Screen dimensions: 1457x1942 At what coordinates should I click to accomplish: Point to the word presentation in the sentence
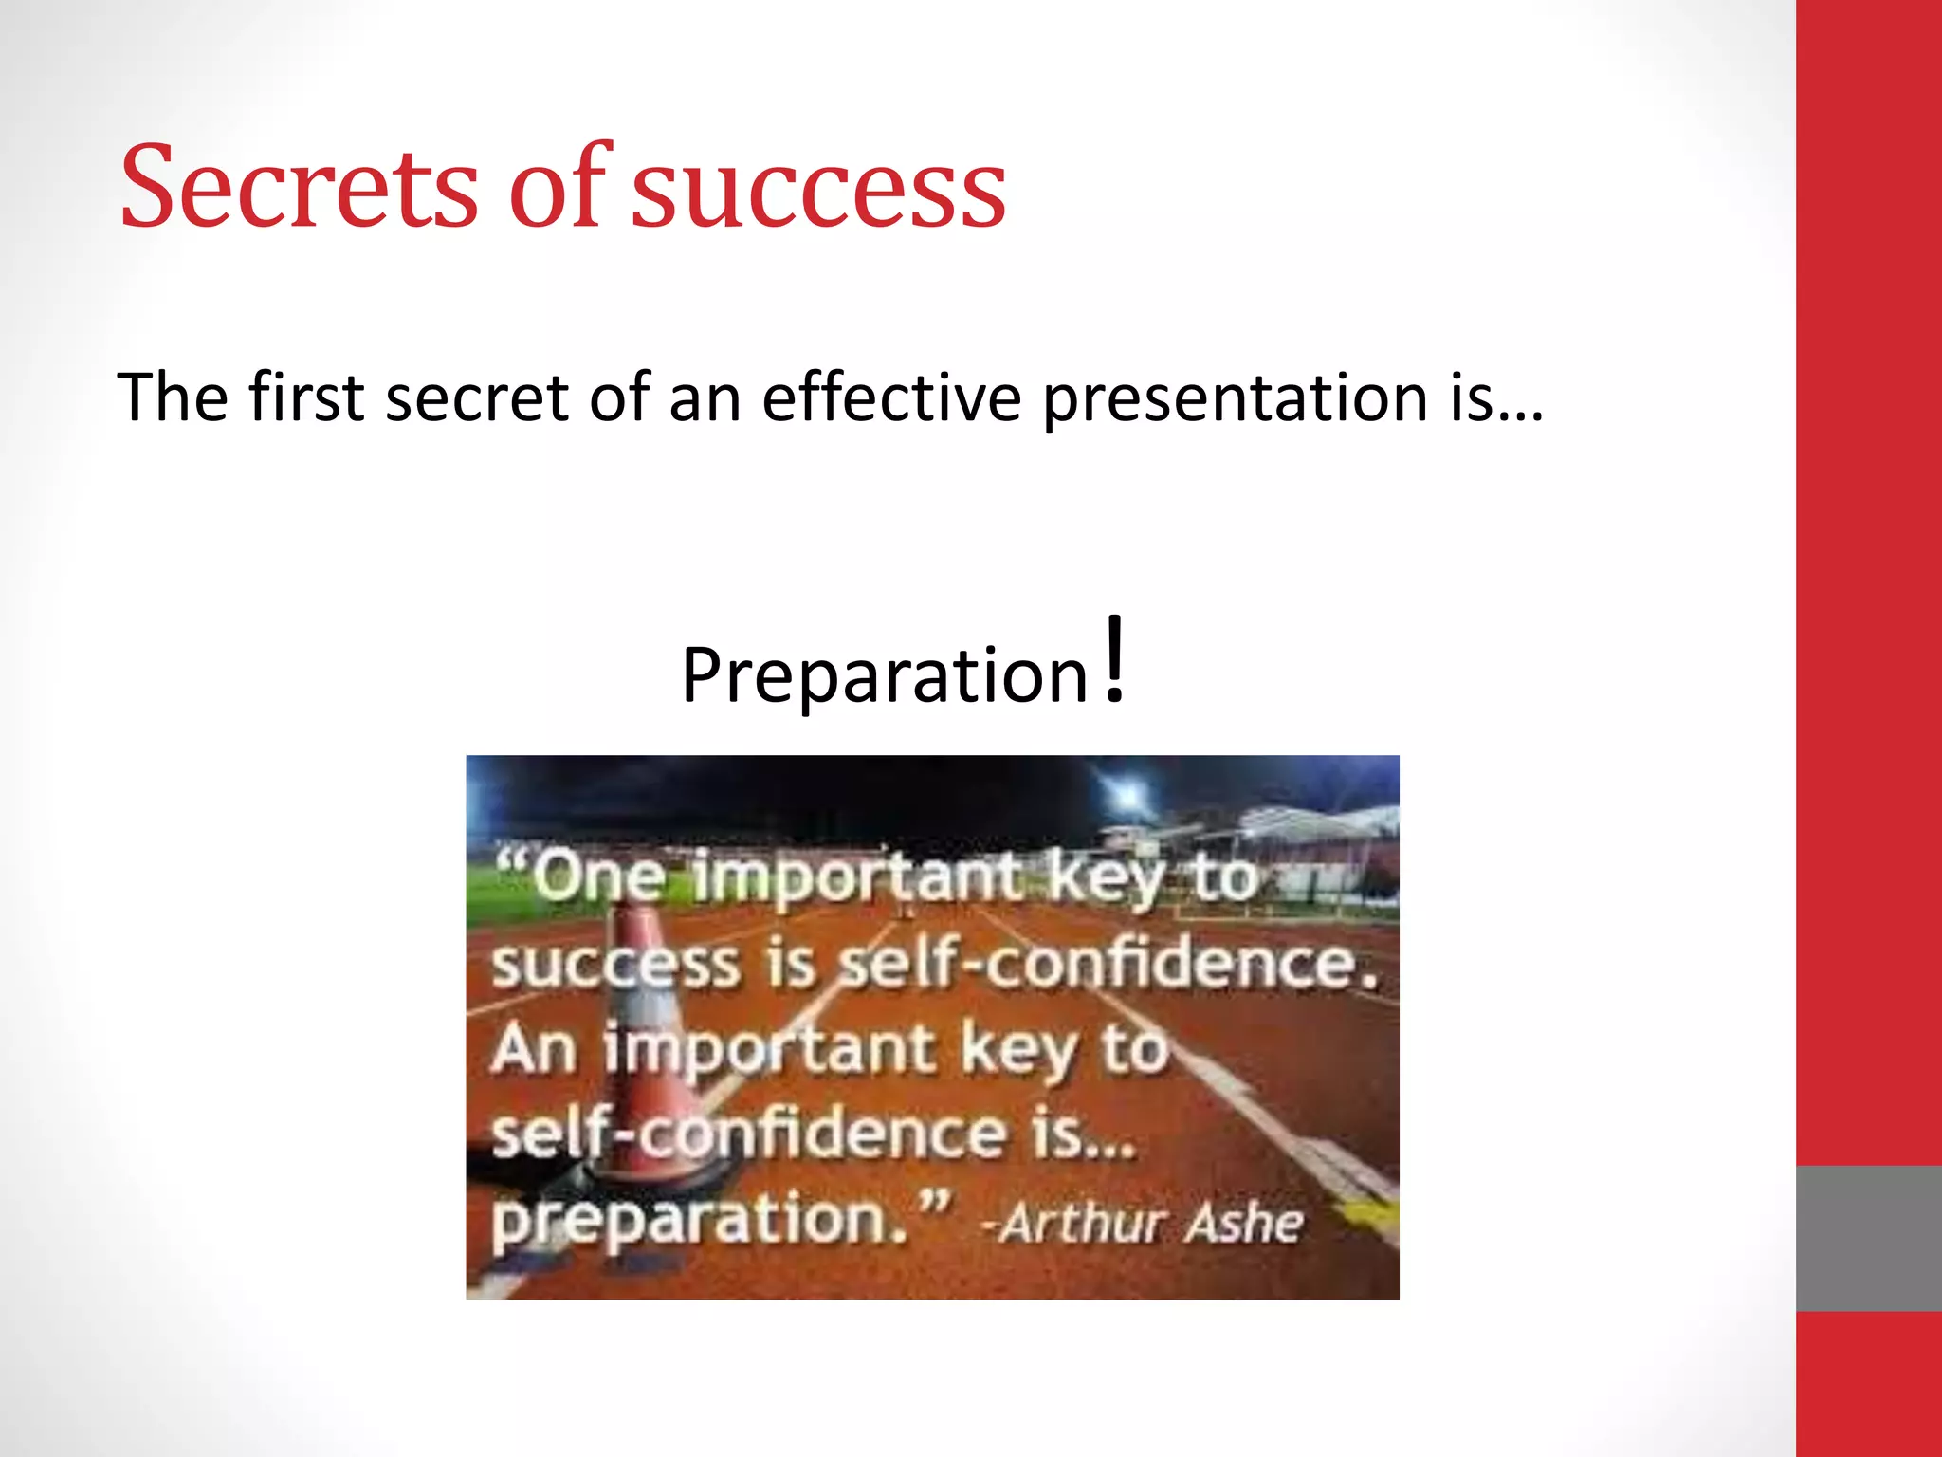1235,398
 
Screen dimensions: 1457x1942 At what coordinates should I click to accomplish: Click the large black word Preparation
885,674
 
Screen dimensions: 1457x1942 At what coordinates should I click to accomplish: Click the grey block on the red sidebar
1868,1237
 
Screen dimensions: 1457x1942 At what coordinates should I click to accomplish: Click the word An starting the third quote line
534,1048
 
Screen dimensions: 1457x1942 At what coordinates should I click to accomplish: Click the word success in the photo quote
614,966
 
